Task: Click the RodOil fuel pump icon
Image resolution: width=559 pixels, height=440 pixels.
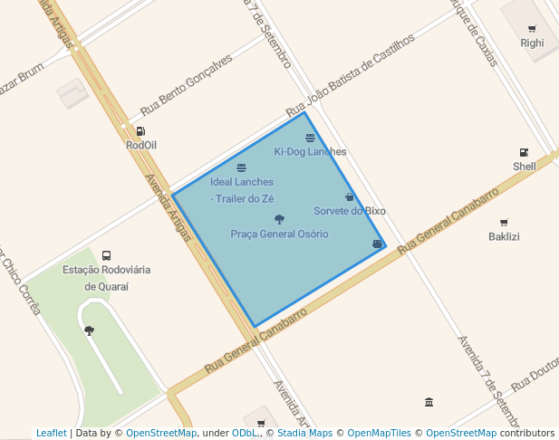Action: pos(140,131)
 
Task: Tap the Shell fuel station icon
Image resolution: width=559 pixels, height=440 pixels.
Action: pos(524,152)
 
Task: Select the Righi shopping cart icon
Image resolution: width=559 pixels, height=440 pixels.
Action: pos(532,29)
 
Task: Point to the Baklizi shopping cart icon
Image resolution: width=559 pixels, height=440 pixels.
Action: pos(504,223)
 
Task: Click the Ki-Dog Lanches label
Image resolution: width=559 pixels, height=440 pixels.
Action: pos(310,151)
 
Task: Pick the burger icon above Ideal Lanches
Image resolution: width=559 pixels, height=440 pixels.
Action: pos(241,167)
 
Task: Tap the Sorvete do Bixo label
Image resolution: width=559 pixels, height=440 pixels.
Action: pos(350,211)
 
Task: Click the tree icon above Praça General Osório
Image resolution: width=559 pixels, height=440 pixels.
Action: pos(279,219)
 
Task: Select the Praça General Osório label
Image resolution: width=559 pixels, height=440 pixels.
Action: pos(279,234)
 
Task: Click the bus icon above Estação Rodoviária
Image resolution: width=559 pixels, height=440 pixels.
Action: pos(107,255)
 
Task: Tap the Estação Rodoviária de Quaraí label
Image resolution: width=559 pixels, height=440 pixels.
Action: pos(107,278)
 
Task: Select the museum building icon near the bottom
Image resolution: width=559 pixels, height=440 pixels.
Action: pos(429,402)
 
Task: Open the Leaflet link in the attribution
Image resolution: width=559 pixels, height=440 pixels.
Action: pos(51,434)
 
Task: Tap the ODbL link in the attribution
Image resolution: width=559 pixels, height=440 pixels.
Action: pos(243,434)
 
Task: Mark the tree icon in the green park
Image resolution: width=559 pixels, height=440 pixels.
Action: pos(89,331)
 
